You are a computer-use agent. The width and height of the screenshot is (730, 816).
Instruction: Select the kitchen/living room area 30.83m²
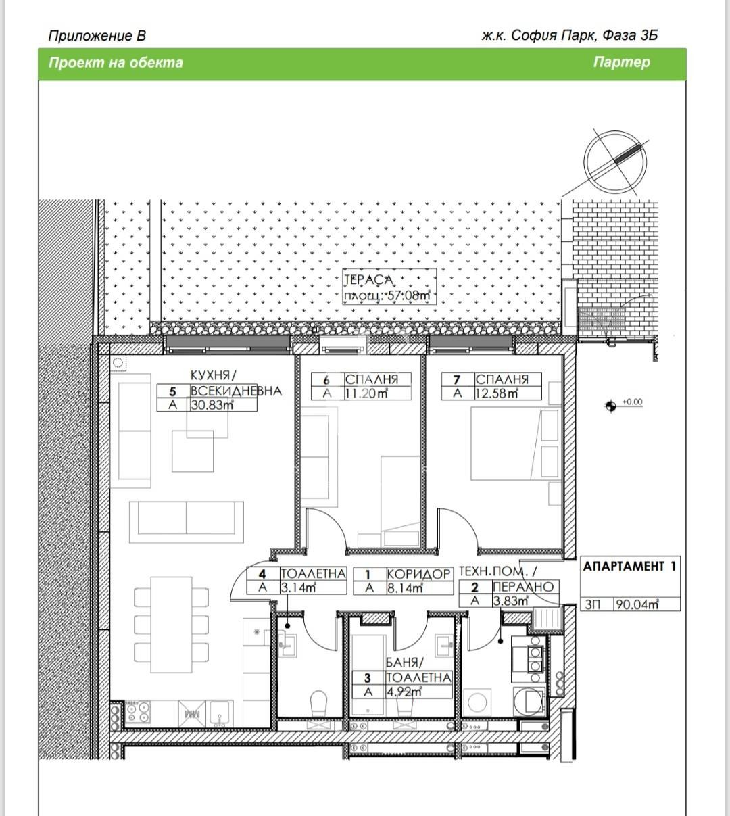point(212,405)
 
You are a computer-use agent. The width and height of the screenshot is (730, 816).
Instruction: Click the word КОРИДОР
point(418,574)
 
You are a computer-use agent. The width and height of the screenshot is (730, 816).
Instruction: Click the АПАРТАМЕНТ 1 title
point(629,567)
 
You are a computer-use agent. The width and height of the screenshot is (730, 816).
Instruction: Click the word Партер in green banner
point(621,62)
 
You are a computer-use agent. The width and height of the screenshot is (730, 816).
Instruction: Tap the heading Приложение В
point(97,35)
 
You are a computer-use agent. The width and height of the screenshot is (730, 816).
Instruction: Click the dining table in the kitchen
point(171,625)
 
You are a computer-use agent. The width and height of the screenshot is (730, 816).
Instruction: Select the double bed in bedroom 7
point(514,446)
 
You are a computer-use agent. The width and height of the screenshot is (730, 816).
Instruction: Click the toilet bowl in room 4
point(317,704)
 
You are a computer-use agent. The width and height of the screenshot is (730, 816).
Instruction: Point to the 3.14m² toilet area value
point(299,587)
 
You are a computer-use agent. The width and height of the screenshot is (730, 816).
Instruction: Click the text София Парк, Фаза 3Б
point(583,35)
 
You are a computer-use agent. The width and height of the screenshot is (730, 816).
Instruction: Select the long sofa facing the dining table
point(187,521)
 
